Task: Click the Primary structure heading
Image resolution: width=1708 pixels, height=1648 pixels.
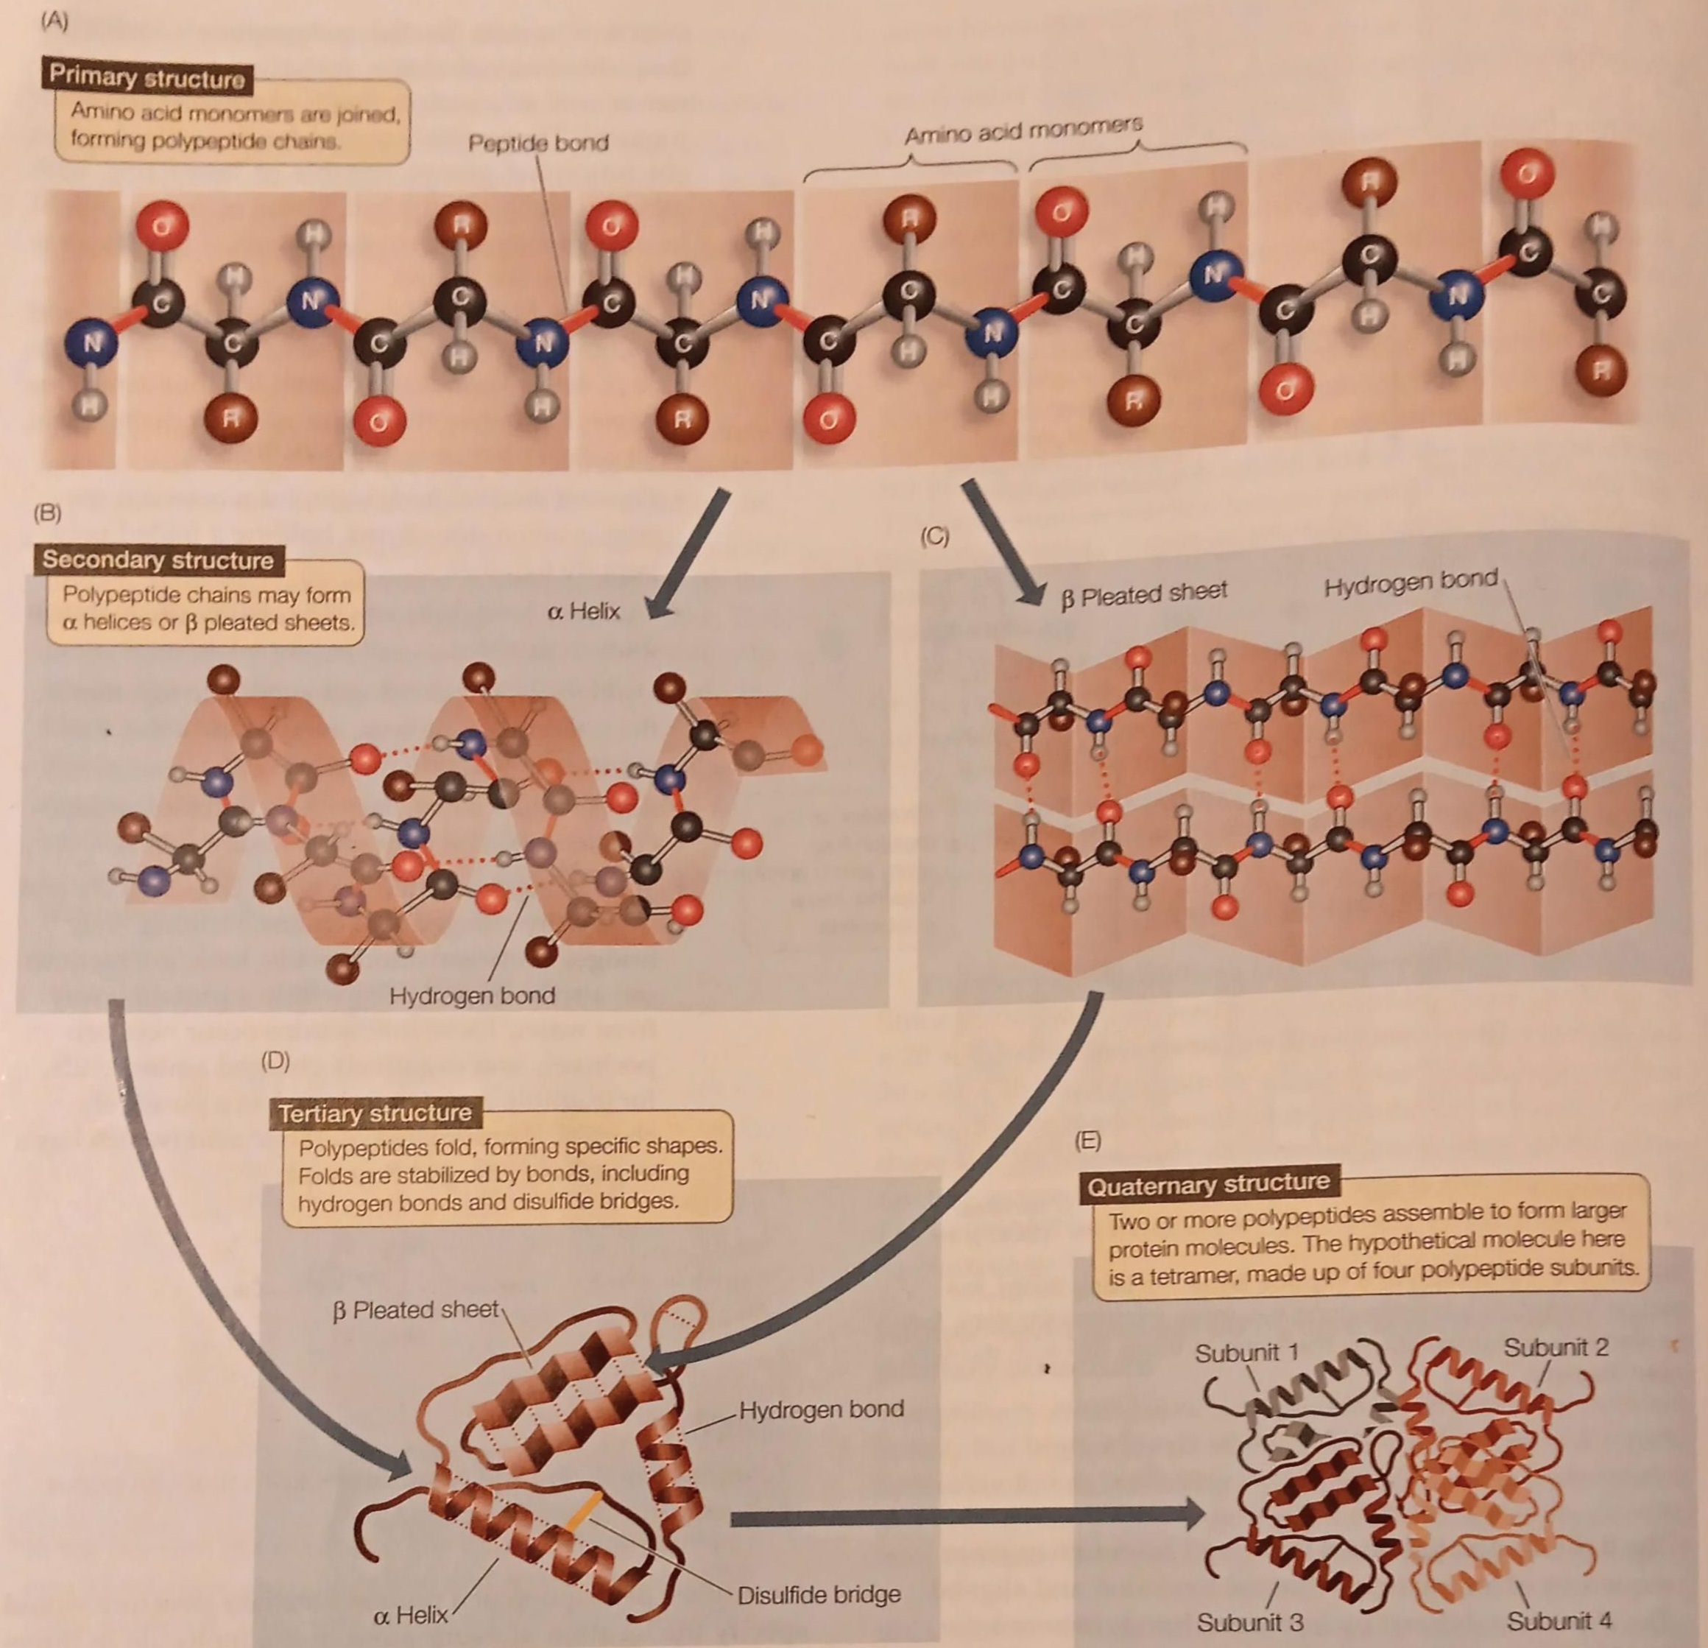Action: click(147, 77)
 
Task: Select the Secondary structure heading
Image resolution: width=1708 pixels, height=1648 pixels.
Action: click(158, 560)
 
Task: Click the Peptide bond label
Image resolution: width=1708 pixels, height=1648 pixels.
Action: click(537, 143)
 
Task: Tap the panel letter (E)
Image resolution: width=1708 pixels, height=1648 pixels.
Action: click(1087, 1141)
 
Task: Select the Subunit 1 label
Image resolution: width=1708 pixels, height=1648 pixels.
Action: click(1246, 1353)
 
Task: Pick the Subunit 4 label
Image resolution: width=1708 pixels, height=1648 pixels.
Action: click(1559, 1621)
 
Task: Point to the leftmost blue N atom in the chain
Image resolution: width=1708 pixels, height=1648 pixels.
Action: click(91, 343)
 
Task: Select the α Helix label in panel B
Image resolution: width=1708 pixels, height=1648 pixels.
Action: click(583, 611)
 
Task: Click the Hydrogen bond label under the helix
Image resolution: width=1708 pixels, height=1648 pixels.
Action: click(471, 996)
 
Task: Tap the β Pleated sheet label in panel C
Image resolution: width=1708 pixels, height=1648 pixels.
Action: click(1143, 594)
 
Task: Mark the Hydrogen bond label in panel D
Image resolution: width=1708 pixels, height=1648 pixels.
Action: click(821, 1409)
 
